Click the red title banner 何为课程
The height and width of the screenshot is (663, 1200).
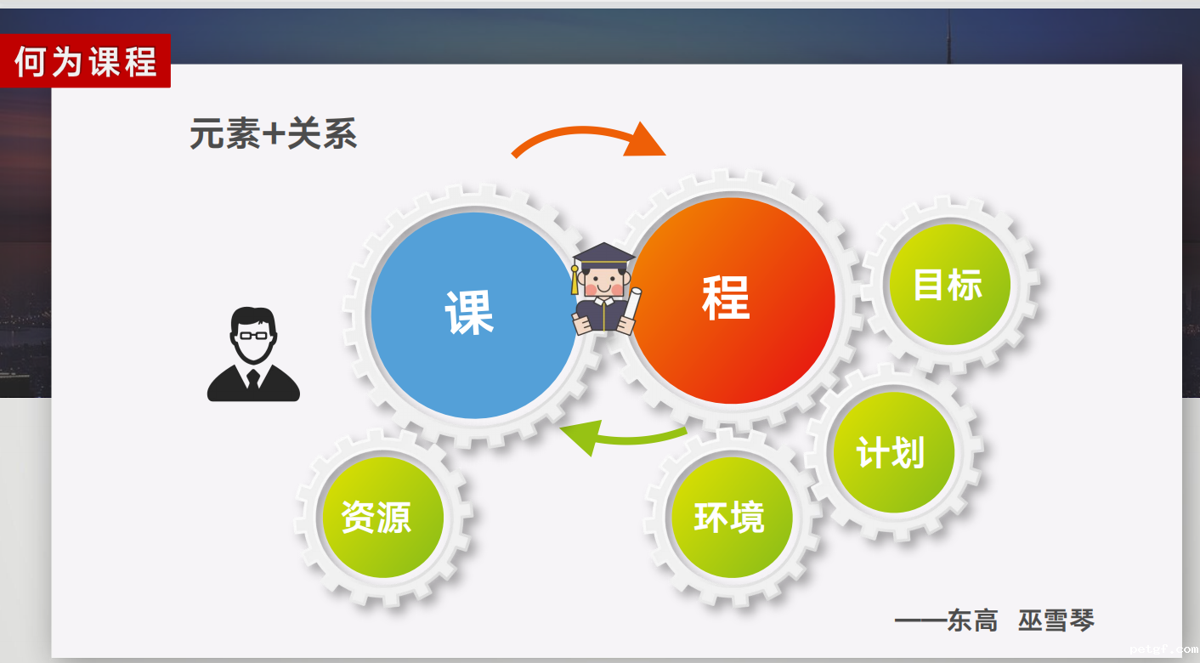tap(86, 61)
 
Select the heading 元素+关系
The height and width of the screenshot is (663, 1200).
tap(273, 134)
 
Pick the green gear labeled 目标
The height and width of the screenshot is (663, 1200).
tap(948, 285)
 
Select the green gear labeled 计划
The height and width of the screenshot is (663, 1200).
tap(891, 452)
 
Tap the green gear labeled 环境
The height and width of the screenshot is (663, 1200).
tap(730, 517)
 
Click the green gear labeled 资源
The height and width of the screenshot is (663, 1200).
tap(376, 517)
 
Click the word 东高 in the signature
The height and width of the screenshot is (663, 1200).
tap(972, 620)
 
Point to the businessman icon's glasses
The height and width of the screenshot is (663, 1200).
tap(253, 335)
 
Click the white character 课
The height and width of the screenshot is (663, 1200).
tap(469, 312)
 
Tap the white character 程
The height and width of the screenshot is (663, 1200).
tap(726, 297)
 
